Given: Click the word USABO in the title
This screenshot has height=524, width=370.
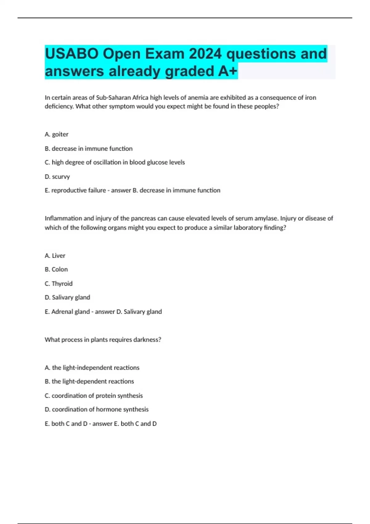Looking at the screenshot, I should [72, 54].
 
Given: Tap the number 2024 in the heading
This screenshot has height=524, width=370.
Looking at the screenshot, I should [205, 54].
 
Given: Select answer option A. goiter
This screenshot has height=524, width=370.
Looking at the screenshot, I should [57, 134].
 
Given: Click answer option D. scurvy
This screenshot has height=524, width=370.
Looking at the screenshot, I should [57, 177].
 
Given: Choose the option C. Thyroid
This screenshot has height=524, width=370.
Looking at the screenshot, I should [59, 284].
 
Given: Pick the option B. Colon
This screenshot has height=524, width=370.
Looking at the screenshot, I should [56, 269].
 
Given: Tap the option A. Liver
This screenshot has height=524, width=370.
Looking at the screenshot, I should [55, 256].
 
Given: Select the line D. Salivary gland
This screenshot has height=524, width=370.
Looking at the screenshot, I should [68, 297].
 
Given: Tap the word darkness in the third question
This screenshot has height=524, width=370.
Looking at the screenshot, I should [147, 340].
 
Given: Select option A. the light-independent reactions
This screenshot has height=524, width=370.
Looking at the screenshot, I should [92, 368].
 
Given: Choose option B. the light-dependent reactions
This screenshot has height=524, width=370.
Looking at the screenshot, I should [89, 381].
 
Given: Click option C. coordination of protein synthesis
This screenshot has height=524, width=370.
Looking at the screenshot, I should [94, 395].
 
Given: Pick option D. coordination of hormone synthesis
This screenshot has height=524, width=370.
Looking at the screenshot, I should [97, 409].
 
